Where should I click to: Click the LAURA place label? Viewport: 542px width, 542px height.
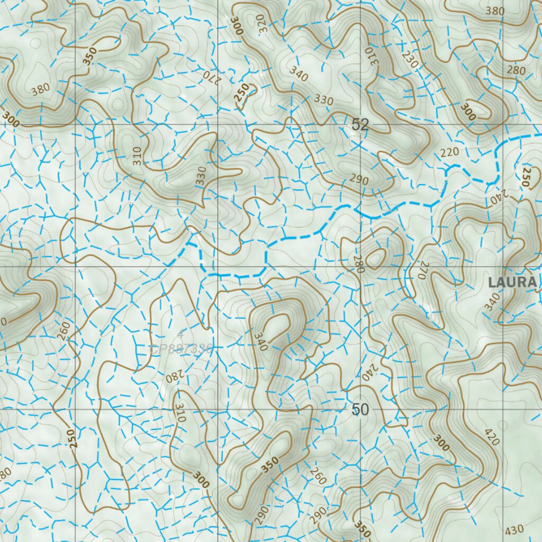512,283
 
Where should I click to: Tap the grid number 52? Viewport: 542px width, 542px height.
360,125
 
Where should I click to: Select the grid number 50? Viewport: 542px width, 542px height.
360,410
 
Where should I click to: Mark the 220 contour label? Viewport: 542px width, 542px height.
449,152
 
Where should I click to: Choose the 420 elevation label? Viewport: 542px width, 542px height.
492,435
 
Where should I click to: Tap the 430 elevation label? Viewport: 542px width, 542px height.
514,529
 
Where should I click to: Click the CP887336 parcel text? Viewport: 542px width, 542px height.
182,349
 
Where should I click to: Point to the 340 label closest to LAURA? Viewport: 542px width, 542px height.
492,302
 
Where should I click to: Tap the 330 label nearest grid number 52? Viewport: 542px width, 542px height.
324,100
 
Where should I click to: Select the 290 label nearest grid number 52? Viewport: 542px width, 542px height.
359,180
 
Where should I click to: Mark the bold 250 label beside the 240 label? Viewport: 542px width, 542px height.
526,176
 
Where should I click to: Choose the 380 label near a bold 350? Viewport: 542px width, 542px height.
40,91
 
